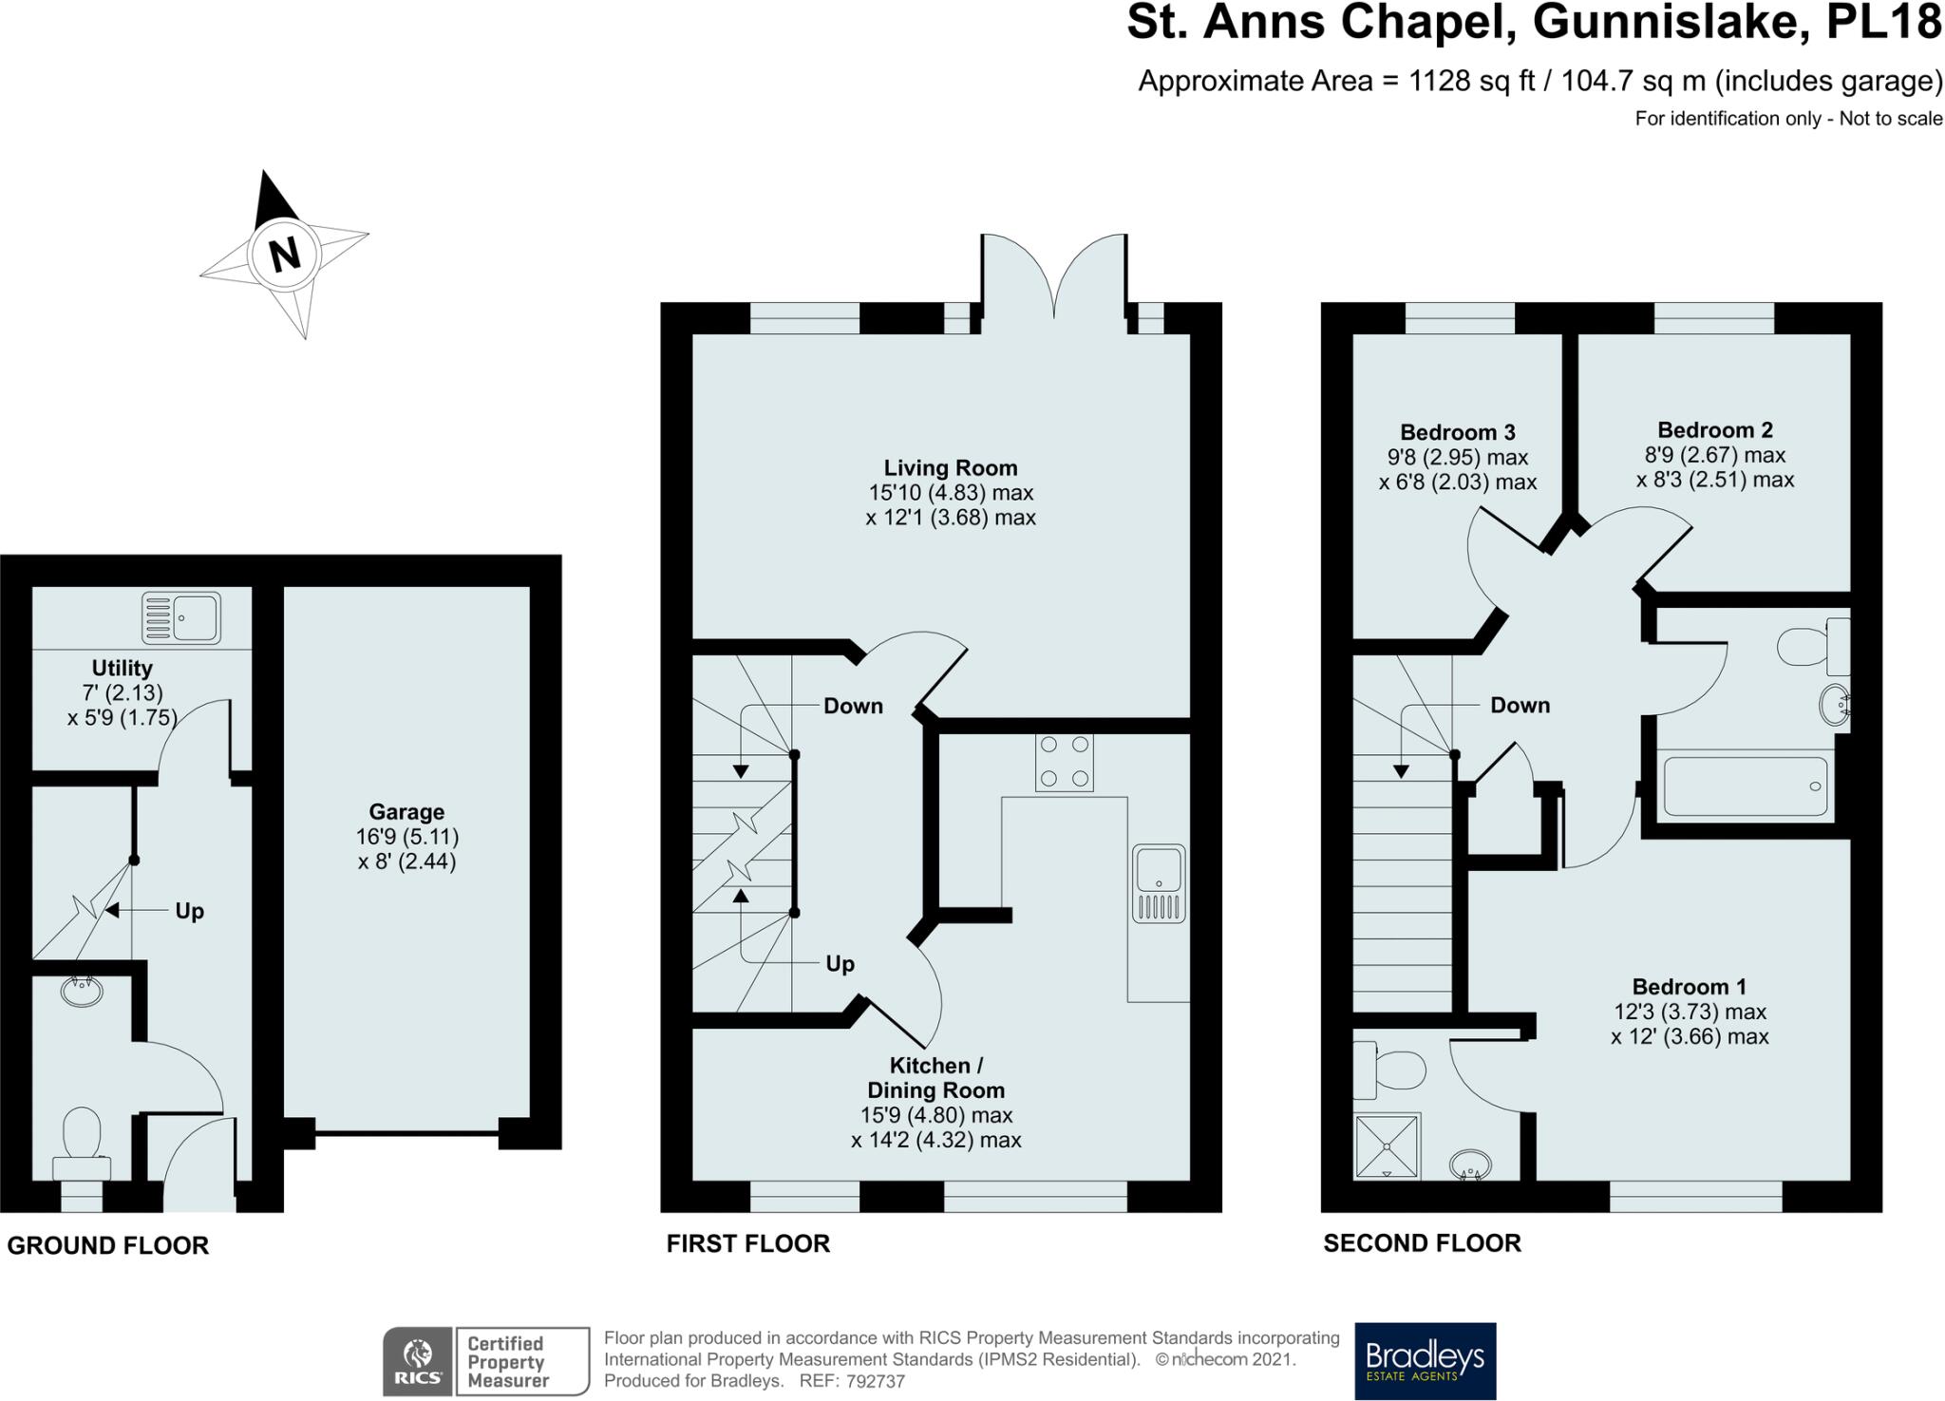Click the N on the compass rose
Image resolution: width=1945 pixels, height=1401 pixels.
284,255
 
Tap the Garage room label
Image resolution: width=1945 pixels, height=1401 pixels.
406,812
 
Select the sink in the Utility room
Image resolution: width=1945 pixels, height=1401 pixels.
180,617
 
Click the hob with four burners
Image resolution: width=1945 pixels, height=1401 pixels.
1064,763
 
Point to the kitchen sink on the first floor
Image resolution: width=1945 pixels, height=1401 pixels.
1159,883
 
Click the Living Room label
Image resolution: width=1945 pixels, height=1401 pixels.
951,468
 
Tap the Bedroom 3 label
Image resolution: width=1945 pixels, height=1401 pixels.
1458,433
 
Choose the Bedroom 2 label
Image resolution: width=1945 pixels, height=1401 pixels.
1715,430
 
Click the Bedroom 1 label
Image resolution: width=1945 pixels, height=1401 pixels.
1690,987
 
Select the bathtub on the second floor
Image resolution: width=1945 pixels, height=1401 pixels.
1745,786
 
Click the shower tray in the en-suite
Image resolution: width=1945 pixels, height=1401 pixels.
1388,1146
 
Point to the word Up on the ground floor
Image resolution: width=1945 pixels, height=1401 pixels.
189,912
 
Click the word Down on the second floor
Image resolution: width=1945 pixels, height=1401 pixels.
1520,706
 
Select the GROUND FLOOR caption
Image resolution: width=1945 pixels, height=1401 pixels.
107,1245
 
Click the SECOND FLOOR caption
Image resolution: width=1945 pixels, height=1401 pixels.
1422,1243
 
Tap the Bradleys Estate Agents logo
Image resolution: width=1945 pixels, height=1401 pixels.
1425,1361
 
